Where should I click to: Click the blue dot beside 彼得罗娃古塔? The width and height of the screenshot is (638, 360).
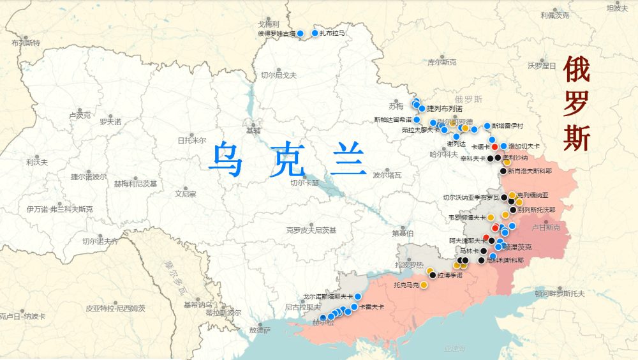click(300, 33)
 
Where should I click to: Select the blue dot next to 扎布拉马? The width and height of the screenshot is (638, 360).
click(315, 33)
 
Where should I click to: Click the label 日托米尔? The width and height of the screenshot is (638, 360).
click(191, 140)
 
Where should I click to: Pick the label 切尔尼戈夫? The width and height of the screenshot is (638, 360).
click(278, 75)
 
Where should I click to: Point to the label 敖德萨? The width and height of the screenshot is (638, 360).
click(260, 330)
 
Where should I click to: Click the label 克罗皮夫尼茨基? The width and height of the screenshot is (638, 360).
click(311, 230)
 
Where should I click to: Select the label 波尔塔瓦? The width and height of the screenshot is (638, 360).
click(387, 175)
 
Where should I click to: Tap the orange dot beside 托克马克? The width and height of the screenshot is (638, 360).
click(424, 285)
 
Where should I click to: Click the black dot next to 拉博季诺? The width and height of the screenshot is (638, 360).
click(433, 275)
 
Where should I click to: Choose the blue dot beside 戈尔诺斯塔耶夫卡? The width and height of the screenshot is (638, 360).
click(358, 296)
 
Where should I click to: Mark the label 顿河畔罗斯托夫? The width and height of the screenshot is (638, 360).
click(560, 294)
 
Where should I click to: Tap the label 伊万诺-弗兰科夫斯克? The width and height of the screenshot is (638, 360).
click(59, 209)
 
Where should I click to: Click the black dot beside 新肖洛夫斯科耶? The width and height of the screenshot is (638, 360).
click(503, 171)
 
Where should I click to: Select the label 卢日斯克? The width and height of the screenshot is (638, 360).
click(545, 227)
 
